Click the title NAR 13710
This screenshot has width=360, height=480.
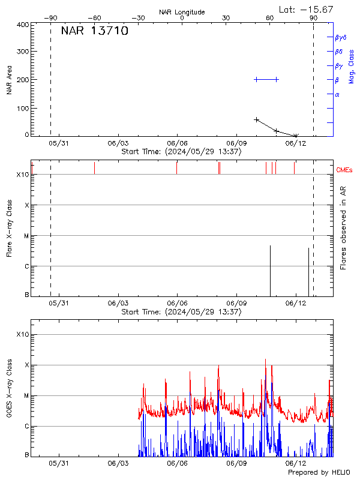pos(95,31)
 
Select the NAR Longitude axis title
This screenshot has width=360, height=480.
pos(182,12)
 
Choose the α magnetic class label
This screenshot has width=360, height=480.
pos(337,94)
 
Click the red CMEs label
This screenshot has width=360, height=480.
pos(344,170)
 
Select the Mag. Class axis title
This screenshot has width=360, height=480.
pos(352,66)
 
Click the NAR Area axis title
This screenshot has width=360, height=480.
pos(9,80)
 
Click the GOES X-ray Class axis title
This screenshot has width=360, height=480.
pos(9,397)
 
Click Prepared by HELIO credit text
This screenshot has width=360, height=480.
pos(319,473)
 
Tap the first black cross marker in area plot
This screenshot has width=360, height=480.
pos(257,120)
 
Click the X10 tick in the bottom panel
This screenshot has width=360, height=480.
pos(23,334)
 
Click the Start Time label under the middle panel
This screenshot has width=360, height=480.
pos(181,312)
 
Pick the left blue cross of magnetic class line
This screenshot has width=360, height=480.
pos(257,79)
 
